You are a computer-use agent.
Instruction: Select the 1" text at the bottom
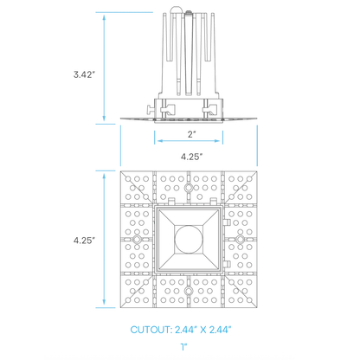tap(184, 346)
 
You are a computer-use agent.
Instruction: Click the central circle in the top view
tap(189, 239)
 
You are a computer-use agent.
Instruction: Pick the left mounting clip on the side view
tap(159, 110)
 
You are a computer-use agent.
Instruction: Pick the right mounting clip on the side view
tap(209, 110)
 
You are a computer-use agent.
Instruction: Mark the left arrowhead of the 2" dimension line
tap(157, 142)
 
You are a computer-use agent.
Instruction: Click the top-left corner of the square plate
tap(120, 170)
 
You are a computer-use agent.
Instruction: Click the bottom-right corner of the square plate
tap(259, 309)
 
